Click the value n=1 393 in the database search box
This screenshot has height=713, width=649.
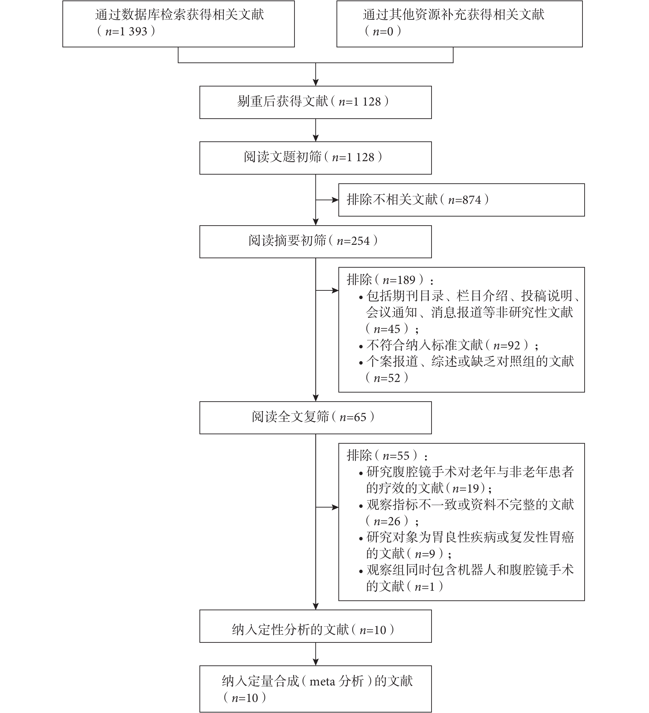(x=126, y=32)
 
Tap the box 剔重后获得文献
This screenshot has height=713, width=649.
(x=315, y=102)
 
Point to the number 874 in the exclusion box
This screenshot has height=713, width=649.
(x=472, y=200)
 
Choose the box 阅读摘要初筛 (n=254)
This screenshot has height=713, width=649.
(x=315, y=242)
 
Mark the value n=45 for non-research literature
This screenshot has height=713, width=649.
(x=387, y=329)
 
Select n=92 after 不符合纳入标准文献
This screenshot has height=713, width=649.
(x=507, y=345)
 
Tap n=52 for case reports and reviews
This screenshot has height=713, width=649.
(x=387, y=378)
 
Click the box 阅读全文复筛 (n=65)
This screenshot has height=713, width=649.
(x=315, y=418)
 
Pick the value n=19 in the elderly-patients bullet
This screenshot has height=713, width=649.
(x=466, y=489)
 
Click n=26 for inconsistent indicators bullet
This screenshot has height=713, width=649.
(x=387, y=521)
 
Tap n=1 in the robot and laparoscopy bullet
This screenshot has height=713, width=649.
(x=425, y=587)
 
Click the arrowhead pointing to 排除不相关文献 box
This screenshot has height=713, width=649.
(x=335, y=200)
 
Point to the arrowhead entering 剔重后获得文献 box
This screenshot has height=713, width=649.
(x=316, y=82)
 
